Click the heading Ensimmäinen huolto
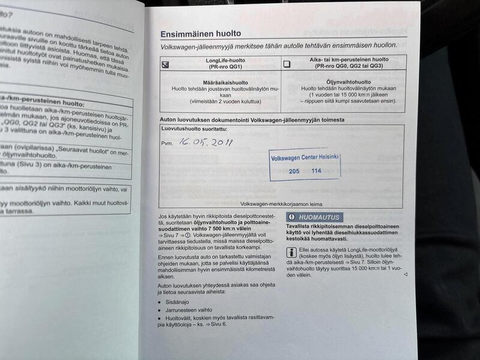[200, 34]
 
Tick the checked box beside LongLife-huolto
[166, 64]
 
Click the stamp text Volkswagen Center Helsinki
[305, 157]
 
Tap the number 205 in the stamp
[294, 171]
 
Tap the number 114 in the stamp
[316, 171]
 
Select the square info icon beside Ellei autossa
[291, 253]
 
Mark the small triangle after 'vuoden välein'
[406, 274]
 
